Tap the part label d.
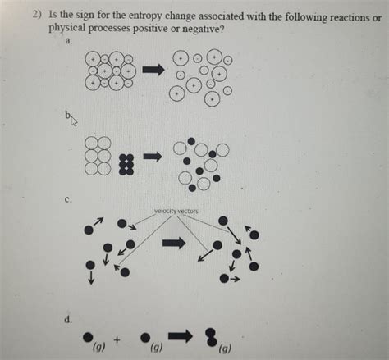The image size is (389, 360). pos(72,317)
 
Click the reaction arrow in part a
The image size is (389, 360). pos(153,71)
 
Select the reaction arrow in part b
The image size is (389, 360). pos(153,156)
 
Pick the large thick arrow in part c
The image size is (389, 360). pos(175,243)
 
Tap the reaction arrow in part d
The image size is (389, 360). pos(181,334)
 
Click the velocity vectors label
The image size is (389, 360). pos(176,211)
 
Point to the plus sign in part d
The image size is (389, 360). pos(118,336)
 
